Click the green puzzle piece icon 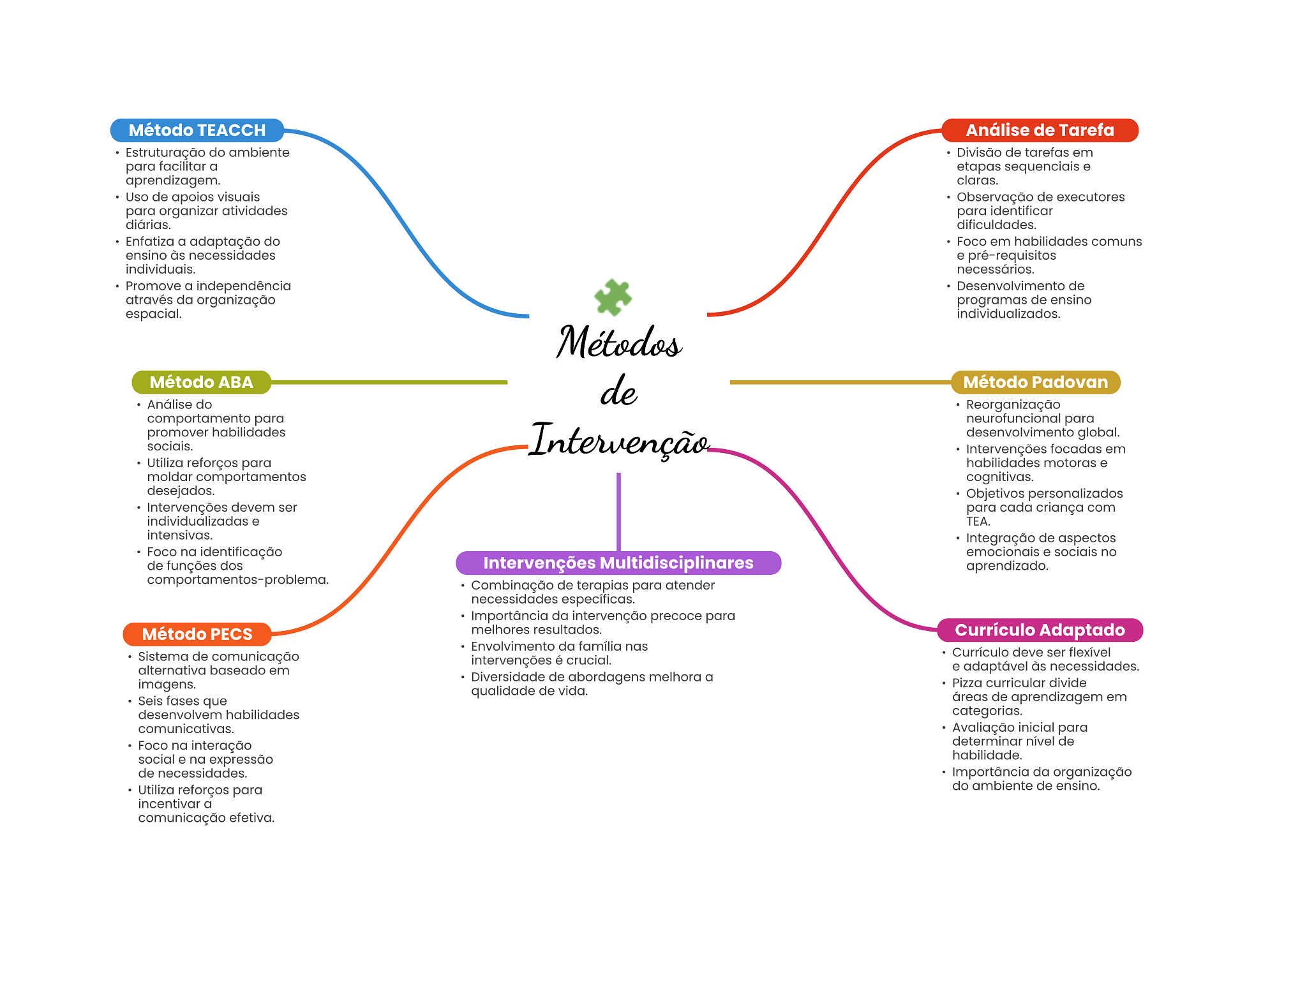point(613,297)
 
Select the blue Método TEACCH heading point(197,130)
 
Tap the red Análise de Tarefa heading point(1040,130)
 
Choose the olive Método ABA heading point(202,382)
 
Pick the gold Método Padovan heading point(1036,382)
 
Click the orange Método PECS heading point(197,634)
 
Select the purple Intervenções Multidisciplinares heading point(618,563)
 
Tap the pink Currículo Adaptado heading point(1040,630)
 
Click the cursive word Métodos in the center point(619,342)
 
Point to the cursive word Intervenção point(619,440)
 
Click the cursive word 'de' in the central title point(618,391)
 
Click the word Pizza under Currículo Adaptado point(969,683)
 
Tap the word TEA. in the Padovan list point(978,521)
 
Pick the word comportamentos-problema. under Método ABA point(238,580)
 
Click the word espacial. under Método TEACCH point(154,314)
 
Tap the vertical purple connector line point(618,512)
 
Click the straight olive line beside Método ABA point(389,382)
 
